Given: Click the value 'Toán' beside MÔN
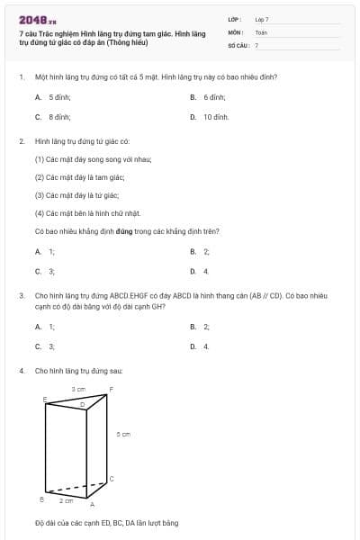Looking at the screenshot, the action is pos(261,31).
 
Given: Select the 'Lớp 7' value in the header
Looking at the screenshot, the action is pos(262,19).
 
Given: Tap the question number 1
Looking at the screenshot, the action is pos(21,77).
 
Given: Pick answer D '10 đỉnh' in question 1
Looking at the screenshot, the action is pos(215,117).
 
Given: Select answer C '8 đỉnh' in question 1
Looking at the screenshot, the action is pos(58,117).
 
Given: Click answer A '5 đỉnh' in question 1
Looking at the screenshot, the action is pos(58,96).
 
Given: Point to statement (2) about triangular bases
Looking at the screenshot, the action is pos(79,177).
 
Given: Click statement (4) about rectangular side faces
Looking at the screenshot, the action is pos(86,213).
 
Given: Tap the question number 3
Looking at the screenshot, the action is pos(21,294).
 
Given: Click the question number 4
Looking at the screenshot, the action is pos(21,371).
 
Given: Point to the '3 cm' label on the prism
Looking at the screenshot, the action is pos(78,389).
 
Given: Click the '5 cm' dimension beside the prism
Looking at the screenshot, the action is pos(124,434).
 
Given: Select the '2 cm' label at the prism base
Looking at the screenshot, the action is pos(67,499).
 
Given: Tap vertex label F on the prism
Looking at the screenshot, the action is pos(111,389).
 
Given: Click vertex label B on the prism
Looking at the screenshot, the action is pos(41,498).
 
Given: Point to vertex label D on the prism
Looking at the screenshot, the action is pos(82,406).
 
